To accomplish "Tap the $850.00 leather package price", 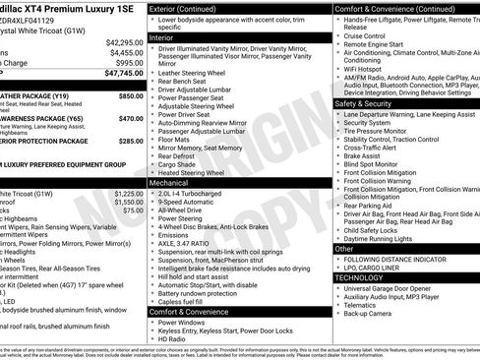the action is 130,97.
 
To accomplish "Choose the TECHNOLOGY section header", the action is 358,277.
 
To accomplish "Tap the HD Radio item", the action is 173,339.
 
